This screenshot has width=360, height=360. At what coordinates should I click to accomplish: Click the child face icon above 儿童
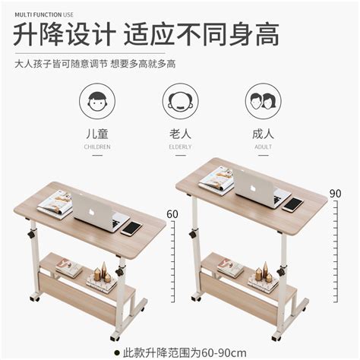tap(97, 101)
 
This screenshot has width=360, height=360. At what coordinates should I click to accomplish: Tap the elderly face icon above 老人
tap(180, 101)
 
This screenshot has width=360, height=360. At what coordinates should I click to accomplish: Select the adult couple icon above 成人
tap(263, 101)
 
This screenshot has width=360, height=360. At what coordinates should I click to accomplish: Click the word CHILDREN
tap(97, 146)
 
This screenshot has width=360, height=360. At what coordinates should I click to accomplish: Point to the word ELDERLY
tap(180, 146)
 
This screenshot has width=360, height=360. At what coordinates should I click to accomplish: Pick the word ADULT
tap(263, 146)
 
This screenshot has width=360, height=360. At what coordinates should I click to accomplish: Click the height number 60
tap(172, 214)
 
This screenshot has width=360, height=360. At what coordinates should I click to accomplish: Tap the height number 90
tap(335, 194)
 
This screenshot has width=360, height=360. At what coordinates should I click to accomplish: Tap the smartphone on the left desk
tap(132, 227)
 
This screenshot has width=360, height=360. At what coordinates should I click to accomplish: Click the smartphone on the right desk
tap(292, 204)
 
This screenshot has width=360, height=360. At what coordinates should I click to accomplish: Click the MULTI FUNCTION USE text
tap(44, 12)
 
